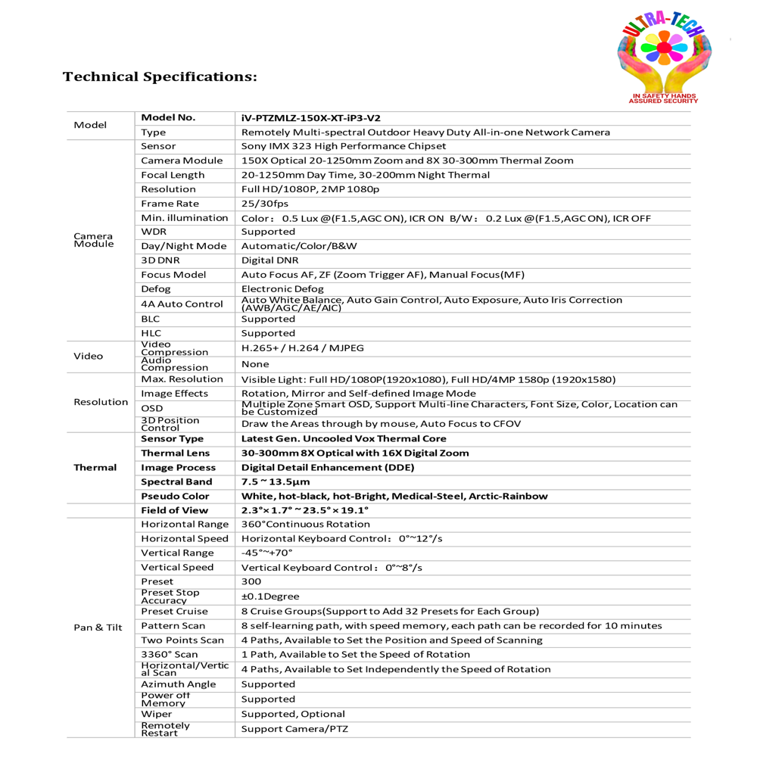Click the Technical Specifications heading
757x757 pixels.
tap(160, 77)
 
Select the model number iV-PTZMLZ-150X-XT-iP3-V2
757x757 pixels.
tap(310, 118)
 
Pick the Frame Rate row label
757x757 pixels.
tap(170, 204)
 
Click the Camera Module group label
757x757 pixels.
tap(95, 240)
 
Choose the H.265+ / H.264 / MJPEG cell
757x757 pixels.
tap(302, 348)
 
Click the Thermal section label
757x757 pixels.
tap(95, 468)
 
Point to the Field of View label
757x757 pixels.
tap(174, 510)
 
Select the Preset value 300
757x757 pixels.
tap(251, 581)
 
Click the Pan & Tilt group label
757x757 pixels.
tap(98, 628)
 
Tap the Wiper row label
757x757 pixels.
tap(156, 714)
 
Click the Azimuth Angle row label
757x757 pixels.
tap(178, 684)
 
